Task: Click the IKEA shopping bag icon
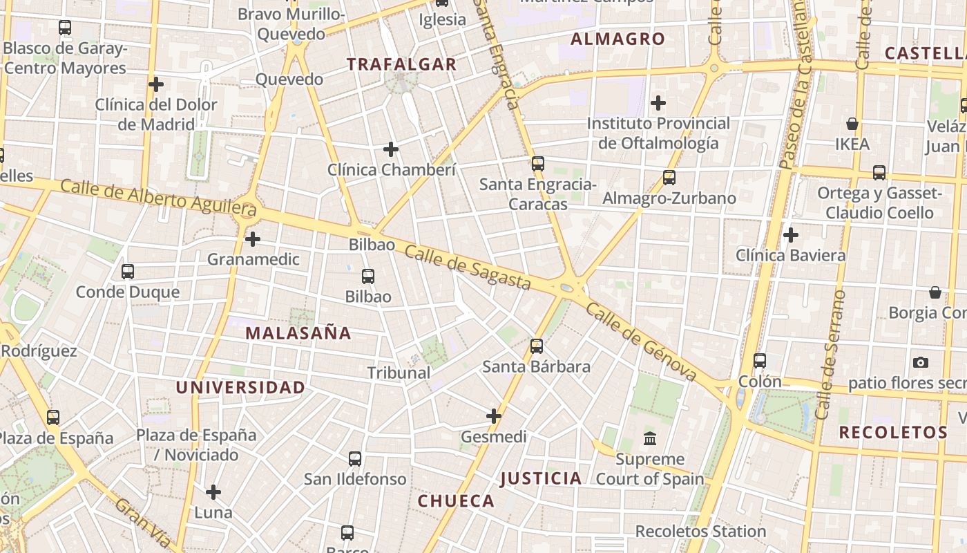852,124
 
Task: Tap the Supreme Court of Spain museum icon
650,438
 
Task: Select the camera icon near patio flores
920,362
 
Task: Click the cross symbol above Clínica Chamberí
391,149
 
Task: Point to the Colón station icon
760,360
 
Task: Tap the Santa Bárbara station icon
537,346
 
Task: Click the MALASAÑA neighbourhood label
298,333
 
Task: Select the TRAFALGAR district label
401,64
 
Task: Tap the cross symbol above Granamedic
253,239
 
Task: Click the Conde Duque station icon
128,271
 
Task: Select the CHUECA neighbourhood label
456,501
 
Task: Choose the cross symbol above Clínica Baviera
791,235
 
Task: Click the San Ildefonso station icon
355,458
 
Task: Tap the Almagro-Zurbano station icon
669,178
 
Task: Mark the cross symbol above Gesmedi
493,416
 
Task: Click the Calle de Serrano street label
830,355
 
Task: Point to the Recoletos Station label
700,532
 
